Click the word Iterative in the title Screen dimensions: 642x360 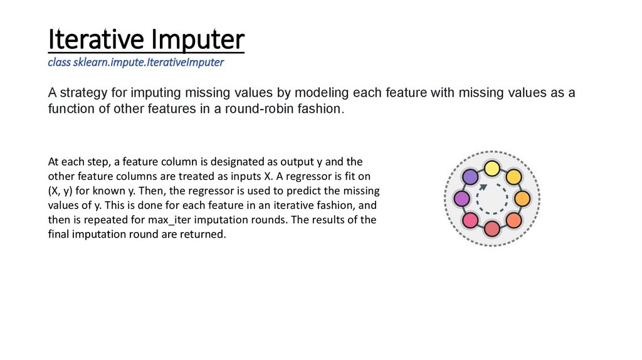95,40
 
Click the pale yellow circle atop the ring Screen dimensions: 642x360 492,168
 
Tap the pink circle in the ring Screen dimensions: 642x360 470,220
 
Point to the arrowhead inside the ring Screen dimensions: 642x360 482,188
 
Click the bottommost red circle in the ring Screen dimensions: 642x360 492,229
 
